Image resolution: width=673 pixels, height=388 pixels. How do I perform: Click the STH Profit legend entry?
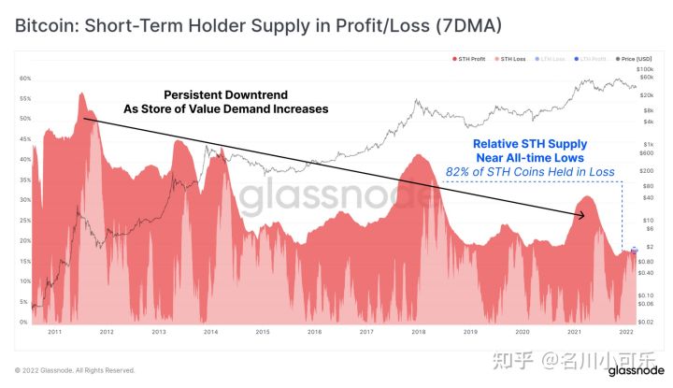click(469, 59)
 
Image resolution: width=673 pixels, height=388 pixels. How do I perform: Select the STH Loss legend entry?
click(511, 59)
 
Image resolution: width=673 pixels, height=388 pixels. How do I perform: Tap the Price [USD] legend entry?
click(635, 59)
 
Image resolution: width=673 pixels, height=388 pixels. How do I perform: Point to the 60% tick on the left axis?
click(24, 79)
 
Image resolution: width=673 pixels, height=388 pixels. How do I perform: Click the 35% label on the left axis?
click(24, 180)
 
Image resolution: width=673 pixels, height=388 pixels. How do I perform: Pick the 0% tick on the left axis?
click(26, 322)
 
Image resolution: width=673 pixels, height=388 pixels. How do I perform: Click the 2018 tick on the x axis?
click(418, 332)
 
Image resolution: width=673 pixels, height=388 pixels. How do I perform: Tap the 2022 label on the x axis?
click(626, 332)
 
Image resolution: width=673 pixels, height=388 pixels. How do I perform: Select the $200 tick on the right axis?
click(646, 171)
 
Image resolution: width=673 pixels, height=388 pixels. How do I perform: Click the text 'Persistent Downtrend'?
click(225, 95)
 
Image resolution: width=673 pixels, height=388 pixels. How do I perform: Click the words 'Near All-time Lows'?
click(529, 158)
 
